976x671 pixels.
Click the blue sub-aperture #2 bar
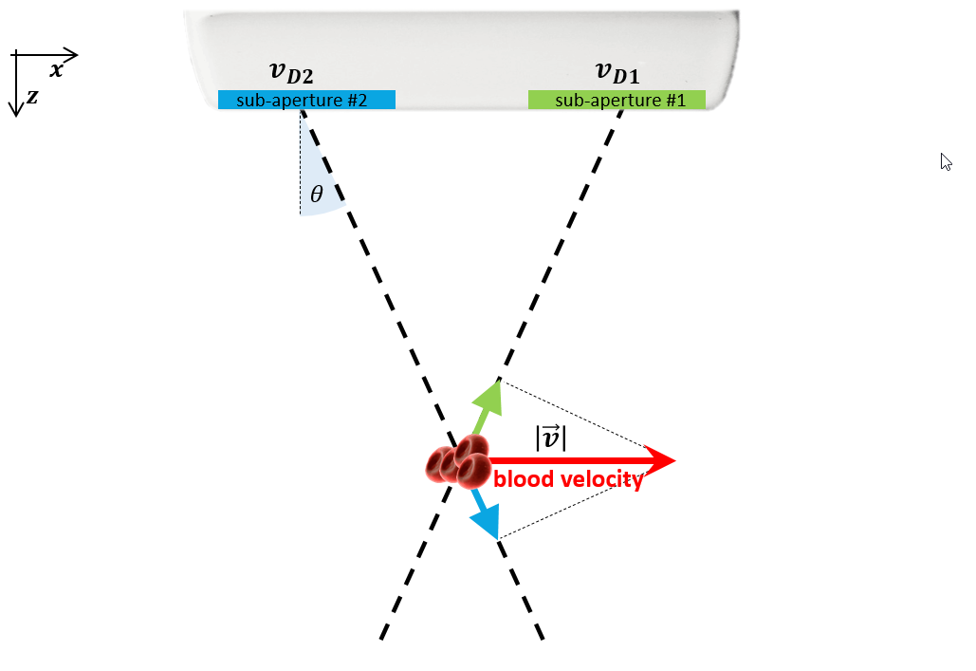306,100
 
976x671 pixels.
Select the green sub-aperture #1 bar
617,100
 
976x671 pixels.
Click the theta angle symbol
317,196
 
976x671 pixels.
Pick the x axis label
56,70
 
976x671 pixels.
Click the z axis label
32,96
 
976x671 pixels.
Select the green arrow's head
496,390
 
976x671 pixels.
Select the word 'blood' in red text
524,479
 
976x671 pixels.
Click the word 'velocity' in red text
600,479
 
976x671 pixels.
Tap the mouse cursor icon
945,161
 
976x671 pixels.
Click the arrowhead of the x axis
72,55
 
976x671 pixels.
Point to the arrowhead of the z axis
15,110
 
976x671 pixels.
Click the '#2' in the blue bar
356,100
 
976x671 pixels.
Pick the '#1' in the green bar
673,100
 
